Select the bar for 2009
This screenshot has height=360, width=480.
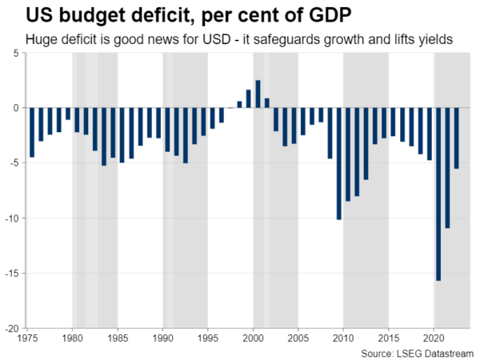tap(338, 163)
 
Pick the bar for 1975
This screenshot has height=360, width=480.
tap(32, 132)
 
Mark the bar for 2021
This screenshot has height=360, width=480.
tap(447, 167)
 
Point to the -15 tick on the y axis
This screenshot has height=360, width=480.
tap(14, 273)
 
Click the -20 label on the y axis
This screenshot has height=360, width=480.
tap(14, 328)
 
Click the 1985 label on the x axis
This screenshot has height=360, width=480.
tap(118, 337)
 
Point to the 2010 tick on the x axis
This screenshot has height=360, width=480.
tap(344, 337)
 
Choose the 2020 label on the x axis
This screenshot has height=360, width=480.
tap(434, 337)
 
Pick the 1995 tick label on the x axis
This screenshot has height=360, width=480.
tap(208, 337)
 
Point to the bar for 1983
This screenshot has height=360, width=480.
tap(104, 137)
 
